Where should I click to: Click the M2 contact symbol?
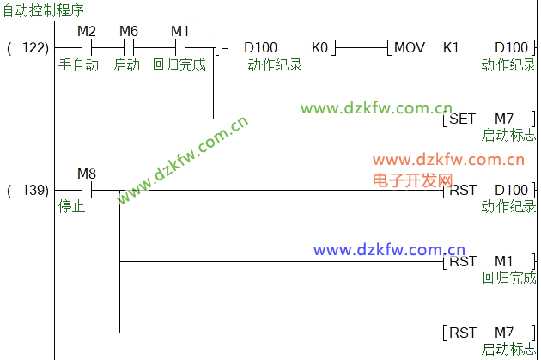86,46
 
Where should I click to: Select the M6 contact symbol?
128,46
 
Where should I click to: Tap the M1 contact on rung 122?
179,46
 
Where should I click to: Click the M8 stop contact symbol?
86,190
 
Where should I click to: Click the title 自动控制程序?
44,11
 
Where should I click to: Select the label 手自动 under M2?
78,64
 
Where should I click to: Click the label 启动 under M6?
126,64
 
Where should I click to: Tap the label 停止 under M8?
72,206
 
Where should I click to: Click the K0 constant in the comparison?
319,46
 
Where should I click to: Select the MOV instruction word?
410,46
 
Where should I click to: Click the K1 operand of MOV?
451,46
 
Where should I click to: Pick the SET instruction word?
462,119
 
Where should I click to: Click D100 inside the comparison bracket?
260,46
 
